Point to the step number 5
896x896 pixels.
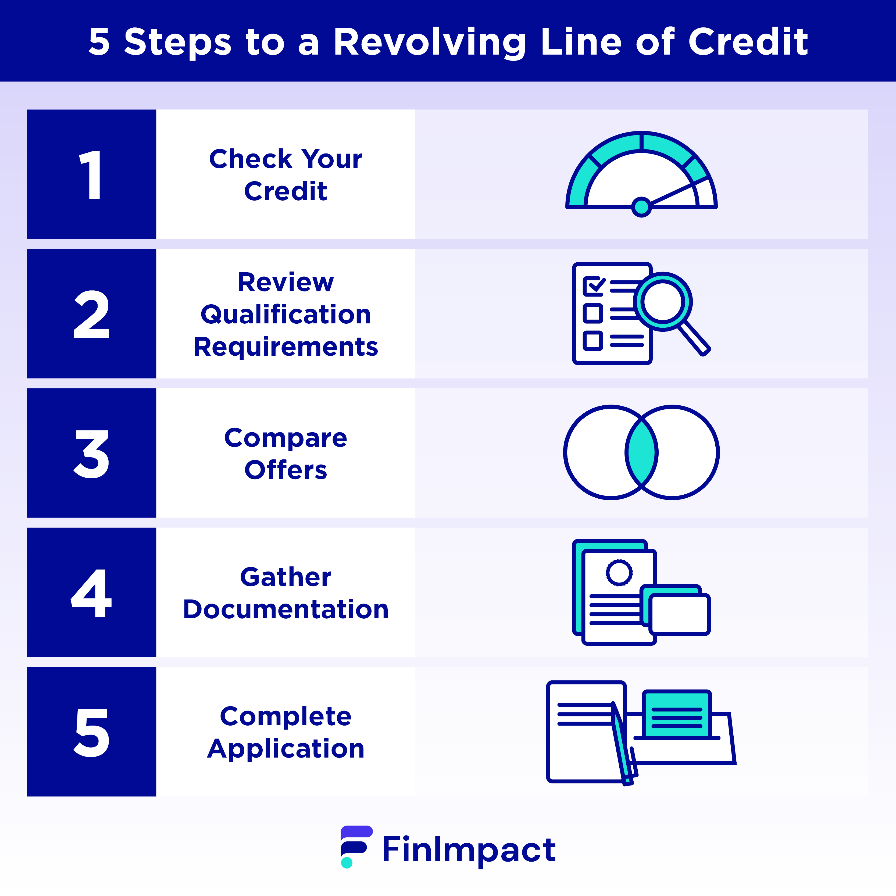click(x=91, y=733)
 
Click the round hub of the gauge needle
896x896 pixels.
click(x=641, y=207)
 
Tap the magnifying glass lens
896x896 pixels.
click(x=663, y=301)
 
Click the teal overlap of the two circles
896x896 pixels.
click(x=641, y=452)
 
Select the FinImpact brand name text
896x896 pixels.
click(x=469, y=849)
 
